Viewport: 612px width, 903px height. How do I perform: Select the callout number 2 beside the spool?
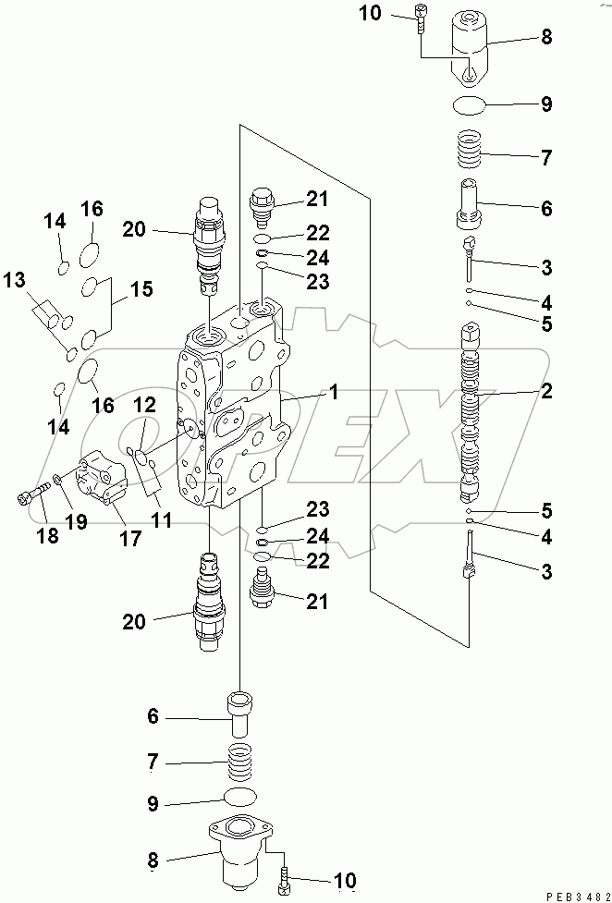546,392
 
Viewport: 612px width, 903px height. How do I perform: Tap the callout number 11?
162,520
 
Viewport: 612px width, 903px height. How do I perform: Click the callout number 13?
15,280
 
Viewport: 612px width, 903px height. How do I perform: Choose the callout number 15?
141,289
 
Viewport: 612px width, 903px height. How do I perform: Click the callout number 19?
76,522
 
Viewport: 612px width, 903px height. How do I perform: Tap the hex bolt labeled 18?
30,497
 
